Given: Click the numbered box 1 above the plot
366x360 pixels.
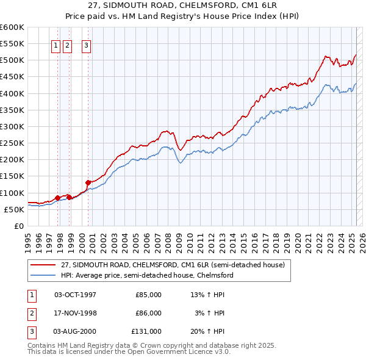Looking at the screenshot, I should coord(56,45).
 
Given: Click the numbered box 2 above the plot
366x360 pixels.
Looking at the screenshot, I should coord(67,45).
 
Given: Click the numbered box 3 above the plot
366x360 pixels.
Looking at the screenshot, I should coord(86,45).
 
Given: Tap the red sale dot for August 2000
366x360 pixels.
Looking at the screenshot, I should coord(88,182).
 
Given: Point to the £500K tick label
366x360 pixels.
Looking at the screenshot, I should coord(12,60).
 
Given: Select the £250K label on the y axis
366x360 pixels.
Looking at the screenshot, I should coord(12,143).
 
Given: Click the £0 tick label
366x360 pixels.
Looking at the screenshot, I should coord(20,226).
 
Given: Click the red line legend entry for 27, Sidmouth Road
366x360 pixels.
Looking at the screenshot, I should coord(173,265).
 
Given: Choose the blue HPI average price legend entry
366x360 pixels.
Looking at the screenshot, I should coord(147,275).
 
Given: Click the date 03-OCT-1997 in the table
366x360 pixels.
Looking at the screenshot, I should coord(76,295).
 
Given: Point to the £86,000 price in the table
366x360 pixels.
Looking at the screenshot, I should coord(148,313).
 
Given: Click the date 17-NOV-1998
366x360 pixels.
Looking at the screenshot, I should coord(76,313).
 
